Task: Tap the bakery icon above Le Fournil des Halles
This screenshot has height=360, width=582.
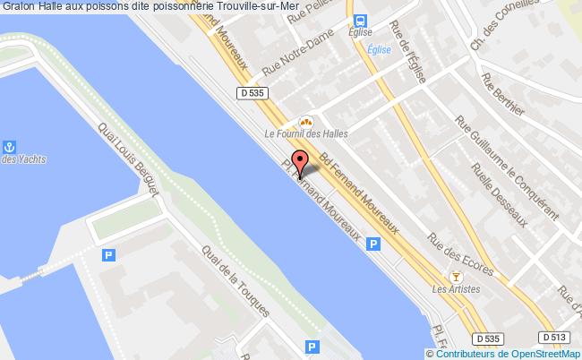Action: pos(305,122)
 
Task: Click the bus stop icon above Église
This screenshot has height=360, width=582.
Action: pos(359,21)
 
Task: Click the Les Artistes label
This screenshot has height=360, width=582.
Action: pos(456,289)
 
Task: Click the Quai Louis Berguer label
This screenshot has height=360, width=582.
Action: pos(130,161)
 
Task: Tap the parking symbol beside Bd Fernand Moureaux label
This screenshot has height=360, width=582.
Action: pos(372,243)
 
